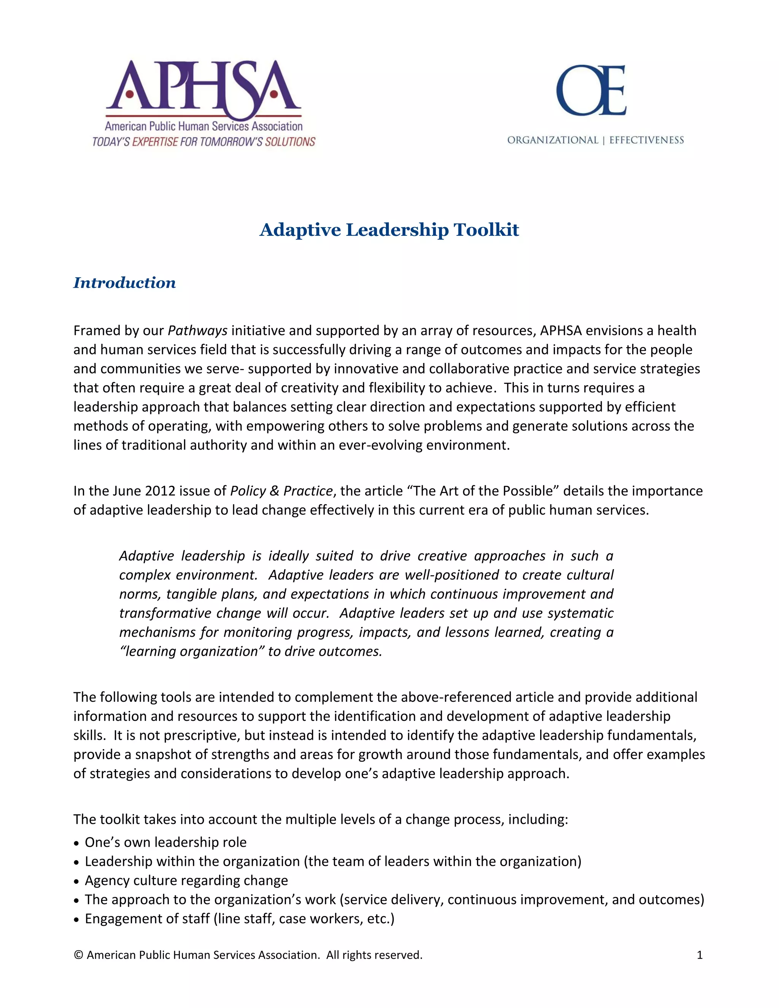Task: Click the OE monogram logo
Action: coord(591,90)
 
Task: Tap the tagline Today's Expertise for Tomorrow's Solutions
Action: coord(203,142)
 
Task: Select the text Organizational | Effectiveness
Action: coord(595,140)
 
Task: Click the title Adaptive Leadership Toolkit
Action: coord(389,230)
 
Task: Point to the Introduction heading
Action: coord(125,283)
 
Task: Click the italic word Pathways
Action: coord(197,331)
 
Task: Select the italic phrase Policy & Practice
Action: coord(281,491)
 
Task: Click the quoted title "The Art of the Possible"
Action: coord(483,491)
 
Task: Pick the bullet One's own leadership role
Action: coord(165,842)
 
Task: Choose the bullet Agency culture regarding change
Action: coord(186,881)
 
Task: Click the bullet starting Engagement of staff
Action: coord(239,919)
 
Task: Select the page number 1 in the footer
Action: coord(699,955)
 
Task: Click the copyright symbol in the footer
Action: coord(78,955)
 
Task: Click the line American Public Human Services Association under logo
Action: coord(203,126)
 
